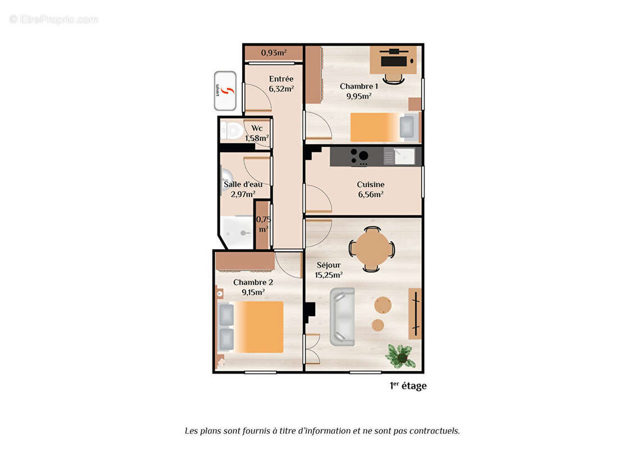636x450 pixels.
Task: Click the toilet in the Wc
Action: tap(229, 130)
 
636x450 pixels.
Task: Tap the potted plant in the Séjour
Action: tap(401, 356)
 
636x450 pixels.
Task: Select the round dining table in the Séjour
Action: tap(371, 249)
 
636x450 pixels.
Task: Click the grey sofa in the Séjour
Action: tap(342, 316)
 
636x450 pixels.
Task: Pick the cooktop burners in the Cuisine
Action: tap(360, 156)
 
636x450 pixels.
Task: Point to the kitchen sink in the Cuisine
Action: tap(403, 156)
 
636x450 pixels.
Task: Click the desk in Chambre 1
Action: tap(393, 60)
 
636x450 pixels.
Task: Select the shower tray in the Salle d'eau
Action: tap(237, 232)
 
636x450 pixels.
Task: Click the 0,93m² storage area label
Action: tap(274, 53)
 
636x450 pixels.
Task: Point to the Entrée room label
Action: tap(281, 79)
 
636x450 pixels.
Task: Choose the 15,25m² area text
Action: tap(329, 275)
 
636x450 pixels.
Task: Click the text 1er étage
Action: tap(408, 386)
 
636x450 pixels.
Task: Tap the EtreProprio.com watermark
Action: tap(53, 19)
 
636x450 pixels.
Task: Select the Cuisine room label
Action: tap(371, 184)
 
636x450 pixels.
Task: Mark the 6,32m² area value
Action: tap(281, 89)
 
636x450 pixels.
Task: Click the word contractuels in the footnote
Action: tap(434, 431)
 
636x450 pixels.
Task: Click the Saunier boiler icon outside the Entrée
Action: tap(225, 91)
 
